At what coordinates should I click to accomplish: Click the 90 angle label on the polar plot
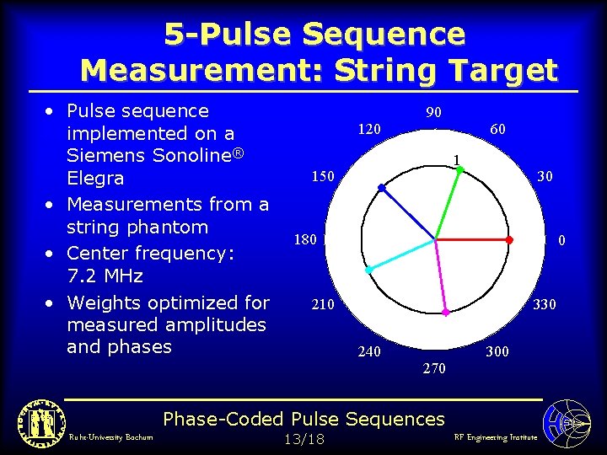click(x=434, y=113)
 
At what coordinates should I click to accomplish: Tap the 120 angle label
click(x=369, y=129)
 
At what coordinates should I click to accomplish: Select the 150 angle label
click(x=324, y=176)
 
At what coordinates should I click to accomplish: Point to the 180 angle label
click(x=305, y=240)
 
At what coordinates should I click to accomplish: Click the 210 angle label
click(x=323, y=304)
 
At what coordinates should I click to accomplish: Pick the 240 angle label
click(x=369, y=351)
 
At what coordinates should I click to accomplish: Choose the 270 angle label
click(x=434, y=368)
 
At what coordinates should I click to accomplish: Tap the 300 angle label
click(x=497, y=351)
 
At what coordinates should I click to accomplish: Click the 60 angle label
click(x=497, y=129)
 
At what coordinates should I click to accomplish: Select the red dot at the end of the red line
click(x=508, y=240)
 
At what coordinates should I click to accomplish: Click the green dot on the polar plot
click(x=460, y=170)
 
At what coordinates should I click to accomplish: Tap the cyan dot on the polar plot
click(x=369, y=270)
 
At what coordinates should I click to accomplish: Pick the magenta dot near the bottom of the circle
click(x=446, y=313)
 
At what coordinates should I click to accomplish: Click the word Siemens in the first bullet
click(x=102, y=156)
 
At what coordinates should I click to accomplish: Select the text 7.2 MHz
click(x=105, y=276)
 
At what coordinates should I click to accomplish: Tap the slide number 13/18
click(x=303, y=439)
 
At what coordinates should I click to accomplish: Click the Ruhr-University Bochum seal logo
click(x=36, y=420)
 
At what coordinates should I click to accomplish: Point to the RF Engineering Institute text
click(x=495, y=437)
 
